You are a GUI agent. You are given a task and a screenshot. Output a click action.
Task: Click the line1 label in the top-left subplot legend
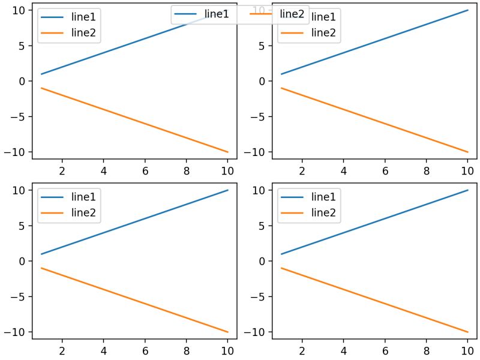click(83, 17)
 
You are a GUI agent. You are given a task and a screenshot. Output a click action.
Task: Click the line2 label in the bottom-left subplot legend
click(83, 212)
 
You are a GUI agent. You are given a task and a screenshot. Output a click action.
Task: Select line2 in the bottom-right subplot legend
click(323, 212)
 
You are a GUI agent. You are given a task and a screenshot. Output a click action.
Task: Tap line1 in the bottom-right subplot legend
click(323, 197)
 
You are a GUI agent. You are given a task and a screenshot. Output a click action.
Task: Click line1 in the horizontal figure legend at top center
click(217, 14)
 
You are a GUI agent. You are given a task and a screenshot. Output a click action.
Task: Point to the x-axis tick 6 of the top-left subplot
click(145, 170)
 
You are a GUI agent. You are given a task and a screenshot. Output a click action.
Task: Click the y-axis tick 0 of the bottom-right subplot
click(260, 261)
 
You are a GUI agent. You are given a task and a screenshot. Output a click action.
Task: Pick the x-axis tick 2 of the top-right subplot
click(302, 170)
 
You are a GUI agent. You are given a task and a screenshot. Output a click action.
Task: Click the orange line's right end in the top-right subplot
click(467, 152)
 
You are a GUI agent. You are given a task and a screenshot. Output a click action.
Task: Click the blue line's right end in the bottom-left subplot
click(227, 190)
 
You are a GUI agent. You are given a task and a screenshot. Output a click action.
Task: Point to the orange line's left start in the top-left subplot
click(41, 88)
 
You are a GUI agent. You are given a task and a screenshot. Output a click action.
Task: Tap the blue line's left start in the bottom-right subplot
click(281, 254)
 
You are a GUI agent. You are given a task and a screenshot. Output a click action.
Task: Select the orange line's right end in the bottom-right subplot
click(467, 332)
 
